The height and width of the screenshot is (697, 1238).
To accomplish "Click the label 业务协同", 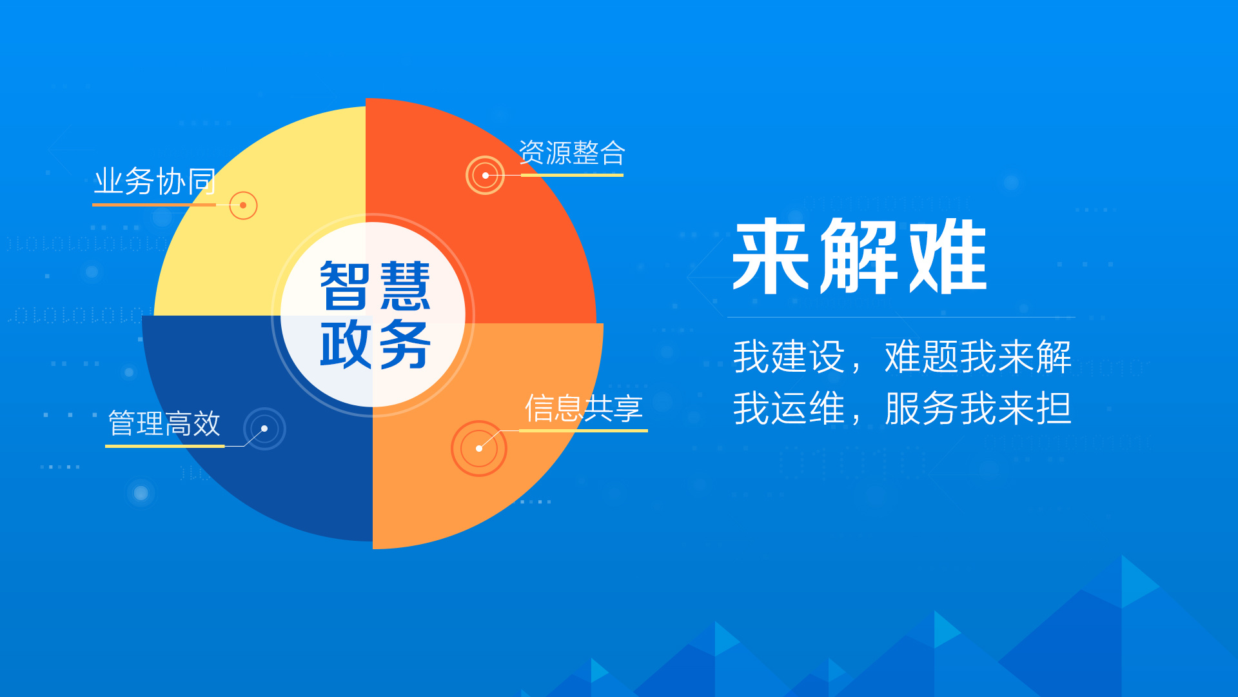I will tap(155, 181).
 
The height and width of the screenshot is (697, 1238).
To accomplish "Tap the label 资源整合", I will tap(572, 154).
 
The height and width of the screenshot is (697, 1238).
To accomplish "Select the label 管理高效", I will tap(164, 424).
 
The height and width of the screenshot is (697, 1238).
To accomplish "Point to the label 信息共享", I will tap(584, 409).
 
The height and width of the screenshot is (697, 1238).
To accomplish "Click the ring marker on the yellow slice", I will tap(243, 205).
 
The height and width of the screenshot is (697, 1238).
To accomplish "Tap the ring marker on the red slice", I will tap(485, 175).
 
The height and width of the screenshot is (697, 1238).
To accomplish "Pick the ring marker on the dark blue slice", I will tap(264, 429).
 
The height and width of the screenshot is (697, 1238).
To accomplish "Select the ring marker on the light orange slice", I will tap(479, 449).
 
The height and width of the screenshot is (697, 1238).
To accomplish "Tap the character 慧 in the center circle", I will tap(405, 286).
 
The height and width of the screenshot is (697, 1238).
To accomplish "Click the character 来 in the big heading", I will tap(771, 257).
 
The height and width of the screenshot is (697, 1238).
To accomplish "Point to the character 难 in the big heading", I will tap(948, 257).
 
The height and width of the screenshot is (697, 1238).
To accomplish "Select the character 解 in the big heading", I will tap(860, 257).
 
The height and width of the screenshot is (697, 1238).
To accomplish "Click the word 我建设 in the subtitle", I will tap(789, 356).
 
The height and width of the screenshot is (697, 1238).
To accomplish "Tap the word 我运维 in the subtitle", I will tap(789, 409).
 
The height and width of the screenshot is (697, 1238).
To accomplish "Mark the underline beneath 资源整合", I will tap(572, 175).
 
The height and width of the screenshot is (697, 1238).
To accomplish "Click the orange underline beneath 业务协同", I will tap(154, 205).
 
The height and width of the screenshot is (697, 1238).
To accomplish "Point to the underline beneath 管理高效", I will tap(165, 446).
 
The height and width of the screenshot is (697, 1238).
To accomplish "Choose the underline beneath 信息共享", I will tap(584, 430).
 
